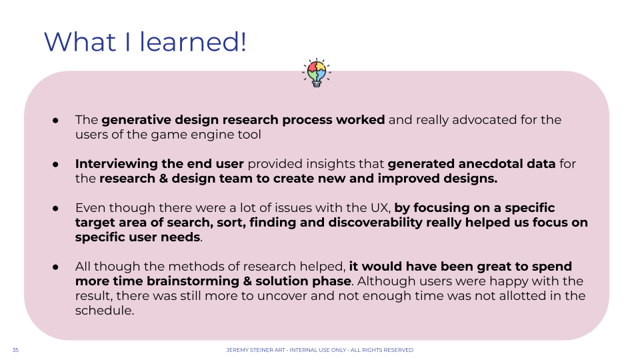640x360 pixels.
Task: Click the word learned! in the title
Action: point(193,41)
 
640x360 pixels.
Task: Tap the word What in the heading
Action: point(80,41)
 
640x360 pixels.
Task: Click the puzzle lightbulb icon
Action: point(317,73)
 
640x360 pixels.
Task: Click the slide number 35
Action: point(15,350)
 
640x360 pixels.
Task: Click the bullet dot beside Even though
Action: point(55,208)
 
